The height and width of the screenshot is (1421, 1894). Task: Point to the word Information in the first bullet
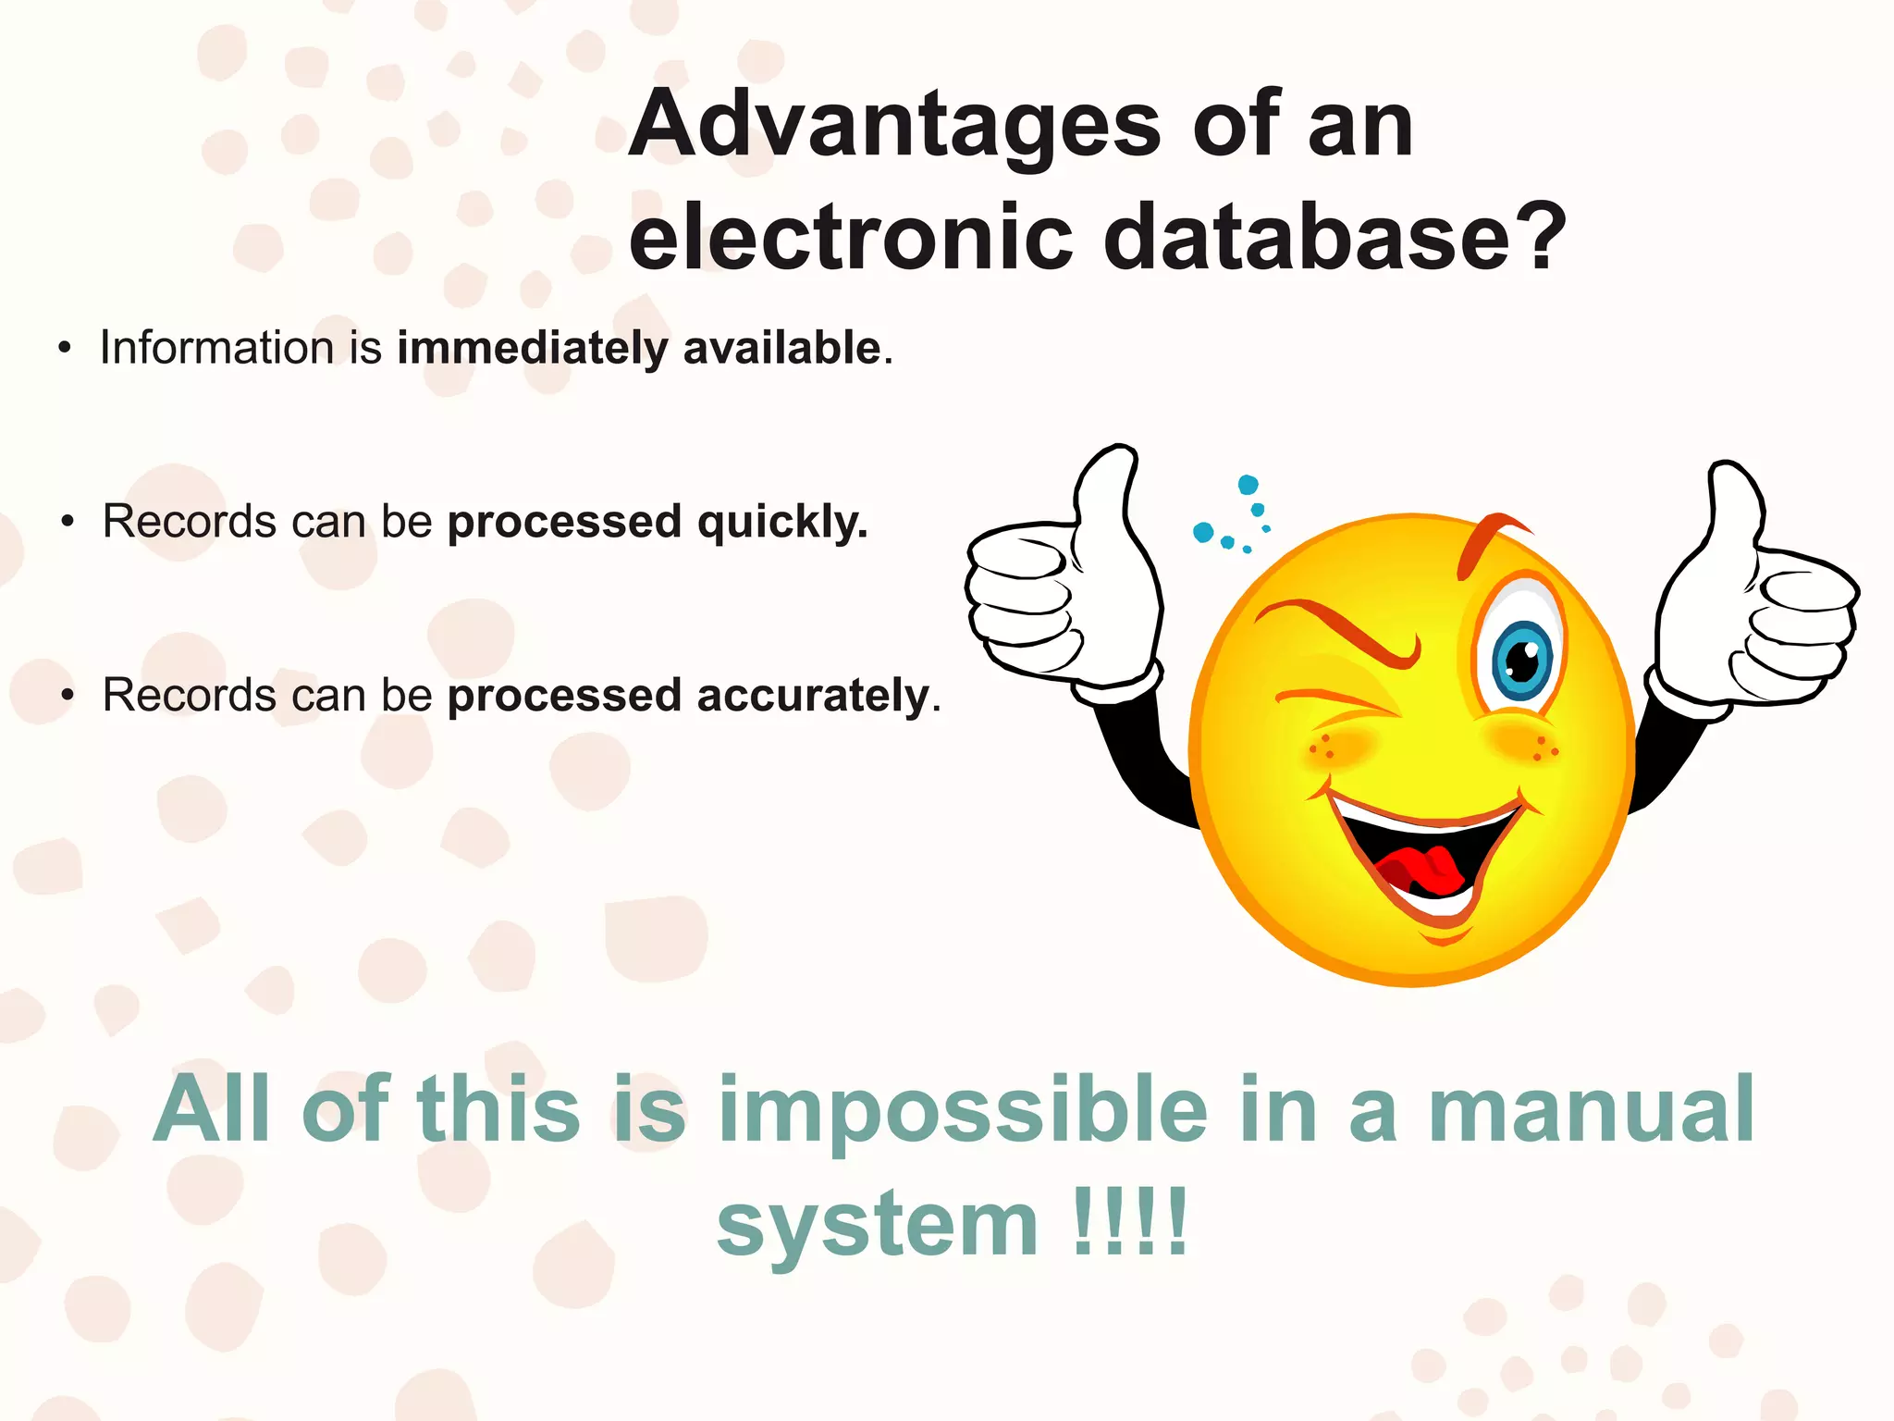point(216,348)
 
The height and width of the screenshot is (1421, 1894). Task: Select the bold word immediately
point(532,350)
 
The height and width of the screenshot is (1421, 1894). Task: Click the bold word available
point(781,348)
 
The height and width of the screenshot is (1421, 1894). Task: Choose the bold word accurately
point(813,697)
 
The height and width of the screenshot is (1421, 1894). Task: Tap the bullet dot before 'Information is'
point(64,349)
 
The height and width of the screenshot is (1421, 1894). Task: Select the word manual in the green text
point(1591,1110)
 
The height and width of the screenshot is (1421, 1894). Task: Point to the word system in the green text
point(877,1225)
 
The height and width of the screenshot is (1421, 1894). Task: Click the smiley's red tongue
point(1415,870)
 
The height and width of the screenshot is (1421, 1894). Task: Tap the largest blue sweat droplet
point(1203,532)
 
